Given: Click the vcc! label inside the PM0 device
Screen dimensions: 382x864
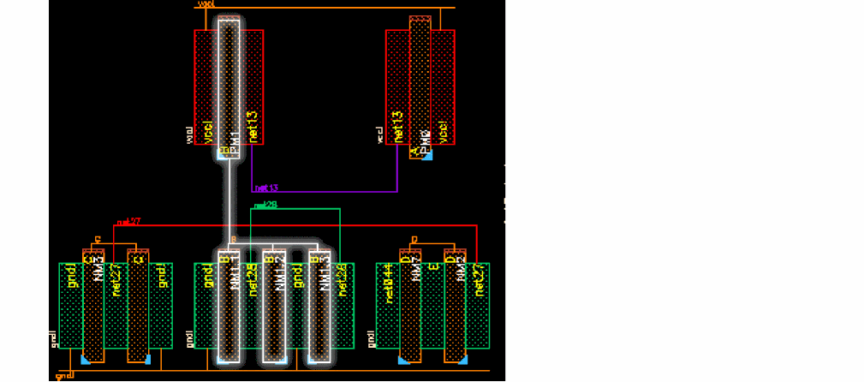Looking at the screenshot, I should pos(442,129).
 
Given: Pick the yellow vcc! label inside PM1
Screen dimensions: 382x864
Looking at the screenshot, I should pos(207,129).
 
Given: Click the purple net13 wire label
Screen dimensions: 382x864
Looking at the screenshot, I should pos(267,187).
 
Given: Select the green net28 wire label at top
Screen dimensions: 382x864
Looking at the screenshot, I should pos(266,206).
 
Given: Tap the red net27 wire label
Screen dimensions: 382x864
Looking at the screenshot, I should pos(129,222).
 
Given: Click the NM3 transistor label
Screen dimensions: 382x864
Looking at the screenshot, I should pos(98,270).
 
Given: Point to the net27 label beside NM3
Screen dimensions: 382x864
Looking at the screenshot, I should pos(115,279).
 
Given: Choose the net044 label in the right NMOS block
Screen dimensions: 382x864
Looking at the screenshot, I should pos(389,282).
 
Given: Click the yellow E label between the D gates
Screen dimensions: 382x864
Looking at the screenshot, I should pos(434,268).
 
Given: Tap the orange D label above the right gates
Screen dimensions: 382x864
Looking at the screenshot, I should pos(414,239).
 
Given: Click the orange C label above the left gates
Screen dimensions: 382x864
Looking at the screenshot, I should pos(98,239).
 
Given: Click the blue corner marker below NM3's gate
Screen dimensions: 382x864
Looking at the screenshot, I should pos(84,361).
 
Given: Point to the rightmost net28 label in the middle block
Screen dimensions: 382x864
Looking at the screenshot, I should pos(342,279).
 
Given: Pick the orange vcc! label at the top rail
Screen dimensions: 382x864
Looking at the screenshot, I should pos(206,4).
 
